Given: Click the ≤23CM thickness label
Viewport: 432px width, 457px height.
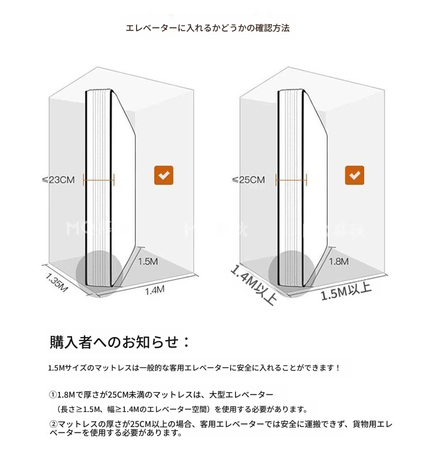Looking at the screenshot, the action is click(58, 180).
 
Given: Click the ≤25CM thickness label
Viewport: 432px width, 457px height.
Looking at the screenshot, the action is click(248, 180).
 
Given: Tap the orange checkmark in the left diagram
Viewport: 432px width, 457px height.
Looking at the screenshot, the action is click(164, 175).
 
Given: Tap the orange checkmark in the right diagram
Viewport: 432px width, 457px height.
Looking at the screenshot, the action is click(354, 175).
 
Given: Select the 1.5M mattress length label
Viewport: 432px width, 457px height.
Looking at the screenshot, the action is click(148, 262).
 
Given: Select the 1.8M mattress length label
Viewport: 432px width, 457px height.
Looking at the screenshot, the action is click(339, 262).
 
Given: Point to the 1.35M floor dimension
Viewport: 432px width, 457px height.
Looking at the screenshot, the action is click(56, 282).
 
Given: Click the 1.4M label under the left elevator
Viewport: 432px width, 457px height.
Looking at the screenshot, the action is click(155, 290).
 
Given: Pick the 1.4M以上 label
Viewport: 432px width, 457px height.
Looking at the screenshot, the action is click(253, 285).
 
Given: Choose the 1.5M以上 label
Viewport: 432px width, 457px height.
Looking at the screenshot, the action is click(346, 291).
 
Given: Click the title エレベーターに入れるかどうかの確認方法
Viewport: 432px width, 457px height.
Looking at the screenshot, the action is click(208, 28).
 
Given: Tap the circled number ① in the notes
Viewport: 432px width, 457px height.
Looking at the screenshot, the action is click(53, 395).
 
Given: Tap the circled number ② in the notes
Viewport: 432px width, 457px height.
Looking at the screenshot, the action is click(53, 424).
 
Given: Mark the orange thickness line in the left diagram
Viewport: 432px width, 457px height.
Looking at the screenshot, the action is click(98, 180).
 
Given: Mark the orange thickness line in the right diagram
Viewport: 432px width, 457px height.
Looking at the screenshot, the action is click(291, 180).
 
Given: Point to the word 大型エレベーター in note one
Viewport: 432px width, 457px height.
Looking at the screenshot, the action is click(241, 395).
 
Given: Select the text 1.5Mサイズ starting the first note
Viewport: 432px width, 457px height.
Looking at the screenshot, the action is click(67, 368).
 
